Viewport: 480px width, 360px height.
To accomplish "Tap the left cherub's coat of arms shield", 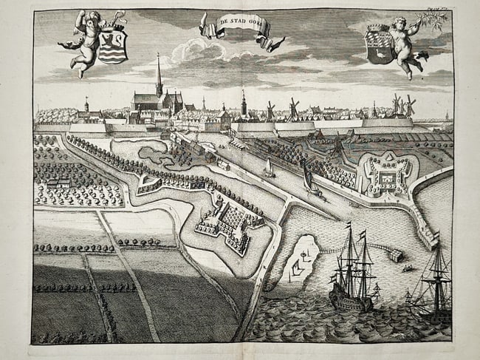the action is click(112, 45).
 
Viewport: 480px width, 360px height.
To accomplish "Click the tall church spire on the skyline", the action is click(158, 74).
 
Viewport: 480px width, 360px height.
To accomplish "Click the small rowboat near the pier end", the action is click(406, 268).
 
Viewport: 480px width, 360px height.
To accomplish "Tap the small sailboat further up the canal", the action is click(270, 169).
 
